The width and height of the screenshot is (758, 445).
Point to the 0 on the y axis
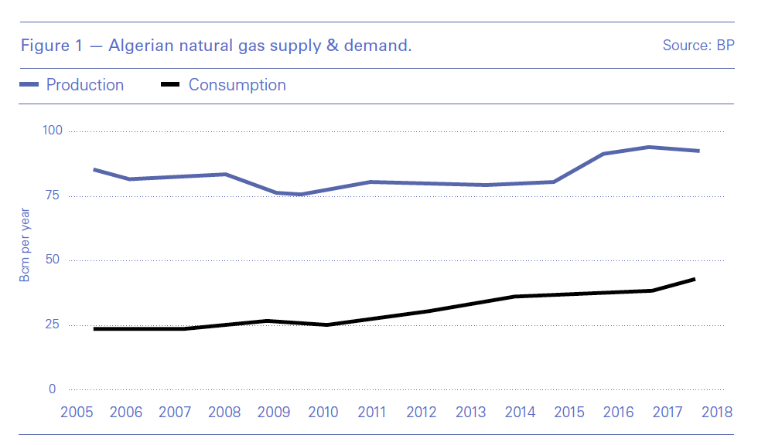click(53, 389)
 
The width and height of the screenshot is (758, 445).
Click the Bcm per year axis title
click(26, 244)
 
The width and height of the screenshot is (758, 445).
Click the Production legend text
click(85, 85)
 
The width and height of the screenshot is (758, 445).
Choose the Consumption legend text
click(237, 85)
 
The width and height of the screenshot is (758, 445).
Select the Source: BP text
click(698, 46)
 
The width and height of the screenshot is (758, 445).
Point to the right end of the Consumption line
click(695, 279)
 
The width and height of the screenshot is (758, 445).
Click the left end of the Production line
click(94, 169)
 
